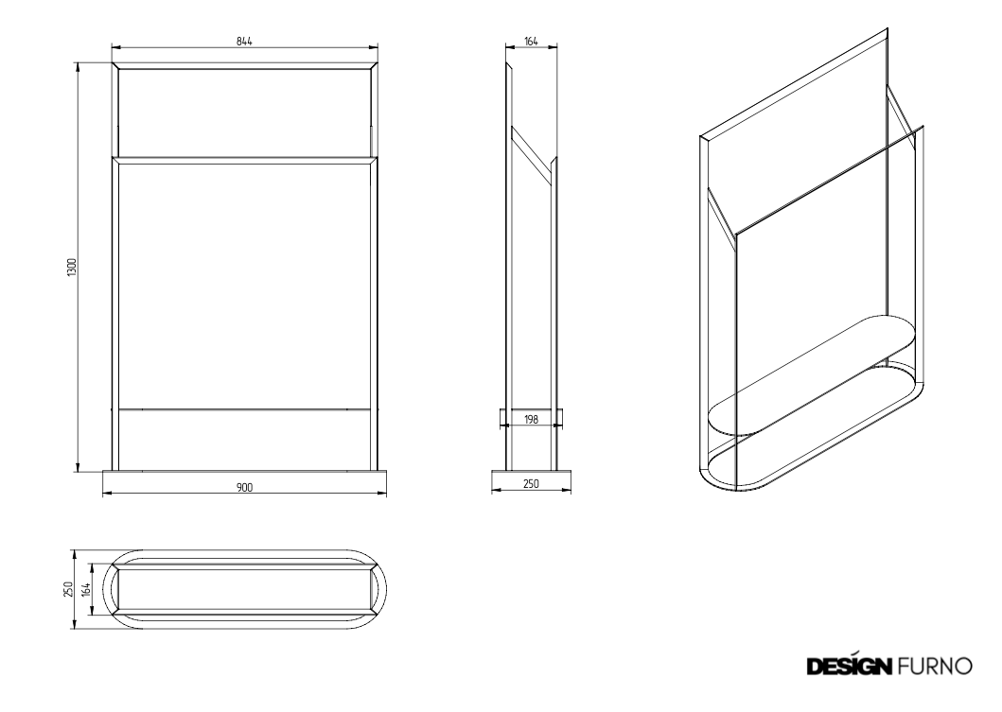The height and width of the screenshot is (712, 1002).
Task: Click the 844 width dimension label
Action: pos(244,42)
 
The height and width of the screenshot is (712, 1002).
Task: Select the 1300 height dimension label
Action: pos(72,267)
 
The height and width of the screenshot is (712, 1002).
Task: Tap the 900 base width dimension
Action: pos(244,487)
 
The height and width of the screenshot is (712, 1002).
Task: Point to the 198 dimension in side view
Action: pos(531,420)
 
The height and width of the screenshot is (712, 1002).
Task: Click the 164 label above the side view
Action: pos(531,42)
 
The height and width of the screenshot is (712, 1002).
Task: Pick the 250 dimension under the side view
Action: pos(531,483)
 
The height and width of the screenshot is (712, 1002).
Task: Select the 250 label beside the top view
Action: pos(68,589)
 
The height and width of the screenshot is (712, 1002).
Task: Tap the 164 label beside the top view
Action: pos(87,589)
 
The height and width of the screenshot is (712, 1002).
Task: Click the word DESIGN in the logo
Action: pos(850,666)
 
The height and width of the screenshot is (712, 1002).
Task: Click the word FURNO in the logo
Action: pos(935,666)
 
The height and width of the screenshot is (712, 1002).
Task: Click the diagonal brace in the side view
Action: pos(530,156)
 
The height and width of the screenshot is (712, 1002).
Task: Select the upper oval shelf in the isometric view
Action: pos(811,374)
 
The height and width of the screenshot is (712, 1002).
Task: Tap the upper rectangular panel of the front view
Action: pos(244,112)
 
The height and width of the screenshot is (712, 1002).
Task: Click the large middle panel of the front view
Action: pos(244,286)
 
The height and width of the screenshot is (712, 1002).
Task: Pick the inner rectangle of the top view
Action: pos(244,589)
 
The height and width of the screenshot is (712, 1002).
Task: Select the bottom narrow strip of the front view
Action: pos(244,440)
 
